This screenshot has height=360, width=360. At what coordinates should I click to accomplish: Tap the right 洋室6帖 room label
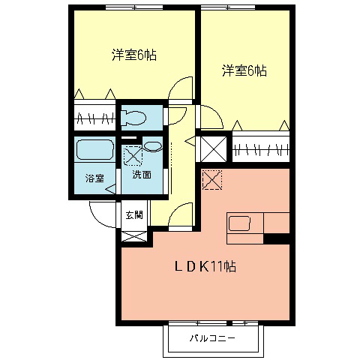(x=244, y=71)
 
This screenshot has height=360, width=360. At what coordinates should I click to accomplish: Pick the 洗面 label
(x=142, y=175)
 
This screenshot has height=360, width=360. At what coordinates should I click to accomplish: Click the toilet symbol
(x=135, y=117)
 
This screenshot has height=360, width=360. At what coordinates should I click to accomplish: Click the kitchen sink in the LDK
(x=241, y=223)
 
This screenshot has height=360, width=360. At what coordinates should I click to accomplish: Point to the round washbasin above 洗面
(x=151, y=146)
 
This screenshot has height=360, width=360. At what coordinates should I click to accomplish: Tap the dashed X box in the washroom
(x=133, y=156)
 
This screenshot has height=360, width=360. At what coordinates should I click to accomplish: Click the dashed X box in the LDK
(x=213, y=180)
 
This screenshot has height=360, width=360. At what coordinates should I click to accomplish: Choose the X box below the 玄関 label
(x=132, y=235)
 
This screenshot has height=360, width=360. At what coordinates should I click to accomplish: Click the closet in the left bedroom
(x=95, y=118)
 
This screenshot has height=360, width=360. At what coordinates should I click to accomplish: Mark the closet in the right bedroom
(x=260, y=147)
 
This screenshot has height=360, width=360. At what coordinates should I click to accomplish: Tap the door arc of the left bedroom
(x=181, y=90)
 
